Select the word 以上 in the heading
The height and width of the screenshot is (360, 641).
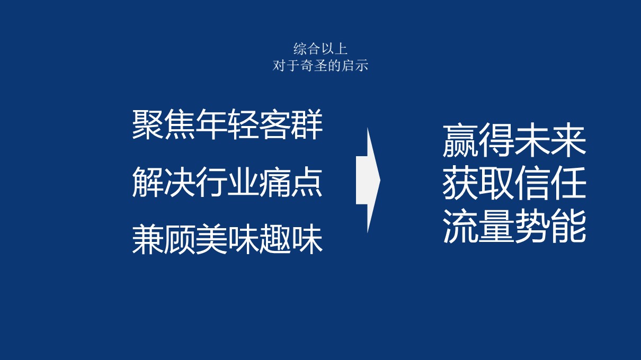[334, 49]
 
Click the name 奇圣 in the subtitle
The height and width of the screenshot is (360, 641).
[313, 66]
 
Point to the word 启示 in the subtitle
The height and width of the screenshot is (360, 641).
[355, 66]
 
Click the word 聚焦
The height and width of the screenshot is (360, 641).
[164, 124]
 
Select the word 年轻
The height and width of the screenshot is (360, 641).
[227, 124]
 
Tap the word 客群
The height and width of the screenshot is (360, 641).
[291, 124]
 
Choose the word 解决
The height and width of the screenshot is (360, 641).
[164, 182]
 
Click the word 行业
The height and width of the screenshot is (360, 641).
[227, 182]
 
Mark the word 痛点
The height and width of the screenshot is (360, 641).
[291, 182]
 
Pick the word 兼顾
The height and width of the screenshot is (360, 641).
[164, 239]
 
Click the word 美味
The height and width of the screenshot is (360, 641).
[227, 239]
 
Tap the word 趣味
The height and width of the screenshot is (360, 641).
[291, 239]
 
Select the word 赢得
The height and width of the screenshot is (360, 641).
[478, 140]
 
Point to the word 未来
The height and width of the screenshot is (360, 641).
[550, 140]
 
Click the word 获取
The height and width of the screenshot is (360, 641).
[478, 183]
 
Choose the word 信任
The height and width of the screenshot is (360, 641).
[550, 183]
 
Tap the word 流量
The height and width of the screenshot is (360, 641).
[478, 226]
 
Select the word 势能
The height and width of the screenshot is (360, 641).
[550, 226]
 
